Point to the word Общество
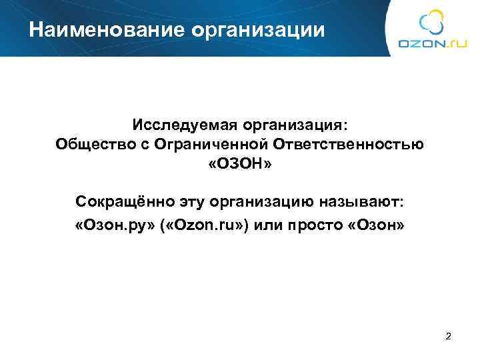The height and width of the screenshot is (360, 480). (87, 144)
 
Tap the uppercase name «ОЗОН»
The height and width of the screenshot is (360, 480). (240, 163)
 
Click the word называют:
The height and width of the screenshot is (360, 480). (361, 201)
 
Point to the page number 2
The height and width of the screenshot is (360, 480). (448, 335)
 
